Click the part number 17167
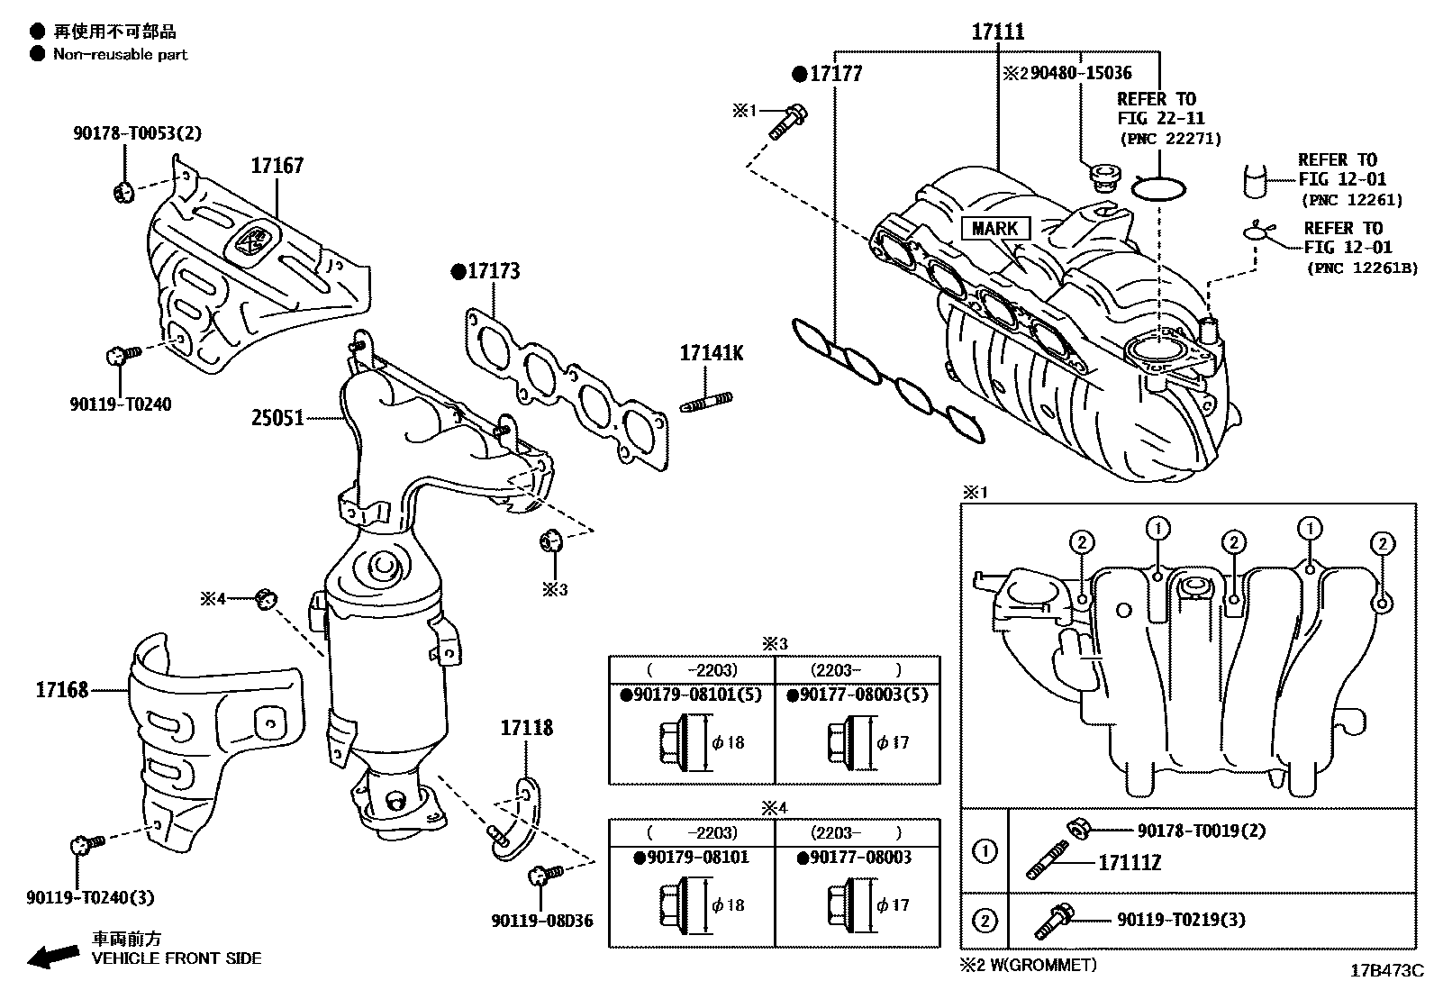point(277,166)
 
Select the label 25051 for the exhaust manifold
point(277,418)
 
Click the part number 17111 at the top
point(997,32)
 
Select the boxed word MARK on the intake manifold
point(994,229)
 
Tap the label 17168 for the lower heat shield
point(62,690)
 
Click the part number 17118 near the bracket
point(527,728)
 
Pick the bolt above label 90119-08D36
point(543,874)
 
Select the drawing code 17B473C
point(1385,971)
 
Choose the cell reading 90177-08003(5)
point(857,695)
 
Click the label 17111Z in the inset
point(1129,863)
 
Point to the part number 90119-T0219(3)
point(1181,920)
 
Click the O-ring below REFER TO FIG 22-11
point(1157,188)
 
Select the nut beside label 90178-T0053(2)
point(123,190)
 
